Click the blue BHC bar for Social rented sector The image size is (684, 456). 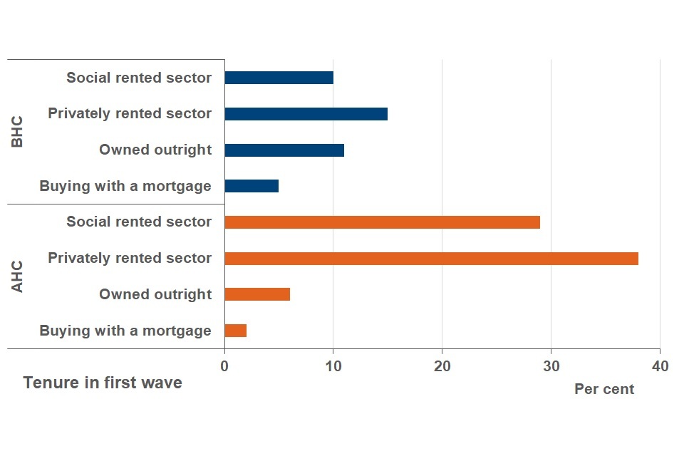pyautogui.click(x=279, y=78)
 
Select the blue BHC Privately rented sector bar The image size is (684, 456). pyautogui.click(x=306, y=114)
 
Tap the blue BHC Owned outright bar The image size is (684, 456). pyautogui.click(x=284, y=150)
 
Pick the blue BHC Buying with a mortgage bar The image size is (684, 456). pyautogui.click(x=252, y=186)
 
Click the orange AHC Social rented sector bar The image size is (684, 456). pyautogui.click(x=382, y=222)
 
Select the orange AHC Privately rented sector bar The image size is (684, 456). pyautogui.click(x=431, y=258)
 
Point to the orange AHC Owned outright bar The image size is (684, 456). pyautogui.click(x=257, y=294)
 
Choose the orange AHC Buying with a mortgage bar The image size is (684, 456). pyautogui.click(x=235, y=331)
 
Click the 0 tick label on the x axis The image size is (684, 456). pyautogui.click(x=224, y=366)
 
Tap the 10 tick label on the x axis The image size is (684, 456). pyautogui.click(x=333, y=366)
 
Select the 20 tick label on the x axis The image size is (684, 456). pyautogui.click(x=442, y=366)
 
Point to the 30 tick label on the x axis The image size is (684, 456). pyautogui.click(x=551, y=366)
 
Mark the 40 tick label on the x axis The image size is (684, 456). pyautogui.click(x=660, y=366)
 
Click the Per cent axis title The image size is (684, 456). pyautogui.click(x=604, y=390)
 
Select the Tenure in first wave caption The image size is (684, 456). pyautogui.click(x=103, y=383)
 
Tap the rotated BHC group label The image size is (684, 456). pyautogui.click(x=18, y=132)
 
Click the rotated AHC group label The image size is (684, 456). pyautogui.click(x=18, y=276)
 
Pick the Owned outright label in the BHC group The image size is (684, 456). pyautogui.click(x=155, y=150)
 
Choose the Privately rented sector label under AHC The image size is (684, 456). pyautogui.click(x=130, y=258)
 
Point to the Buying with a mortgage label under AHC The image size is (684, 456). pyautogui.click(x=125, y=331)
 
